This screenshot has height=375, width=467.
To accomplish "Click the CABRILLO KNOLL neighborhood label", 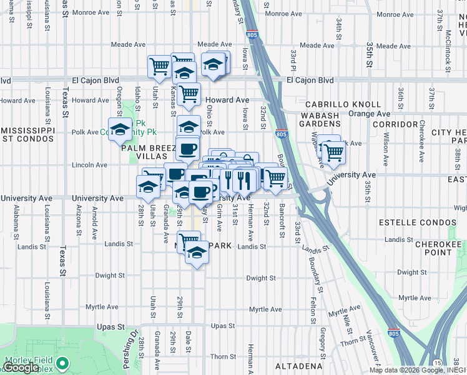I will click(x=343, y=104).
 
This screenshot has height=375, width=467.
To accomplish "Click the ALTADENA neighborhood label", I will click(x=302, y=366).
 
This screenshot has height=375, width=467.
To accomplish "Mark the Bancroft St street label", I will click(x=283, y=216).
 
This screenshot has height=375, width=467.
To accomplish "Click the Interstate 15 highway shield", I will click(x=437, y=362).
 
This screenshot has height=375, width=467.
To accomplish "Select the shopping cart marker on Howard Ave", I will click(x=189, y=94).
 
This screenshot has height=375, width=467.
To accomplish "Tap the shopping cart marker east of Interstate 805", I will click(x=333, y=150).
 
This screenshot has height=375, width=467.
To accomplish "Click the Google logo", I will click(x=21, y=368).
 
